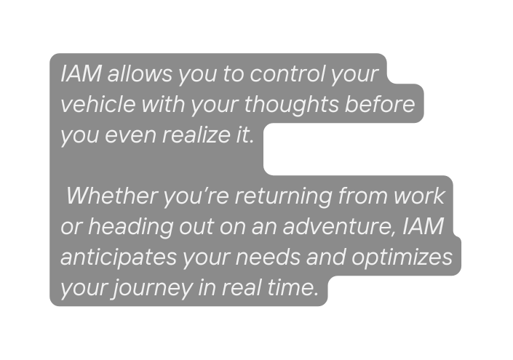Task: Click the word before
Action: pos(379,104)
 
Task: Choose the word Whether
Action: pos(111,196)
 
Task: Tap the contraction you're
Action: pos(196,196)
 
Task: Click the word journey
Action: pos(152,289)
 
